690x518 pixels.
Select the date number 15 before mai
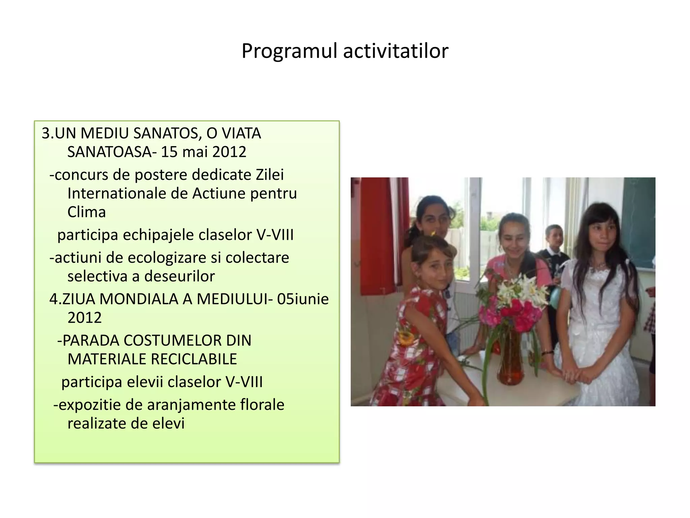click(169, 152)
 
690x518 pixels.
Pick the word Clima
click(87, 212)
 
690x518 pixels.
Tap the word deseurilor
click(180, 277)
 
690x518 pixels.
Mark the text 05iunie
click(303, 299)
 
